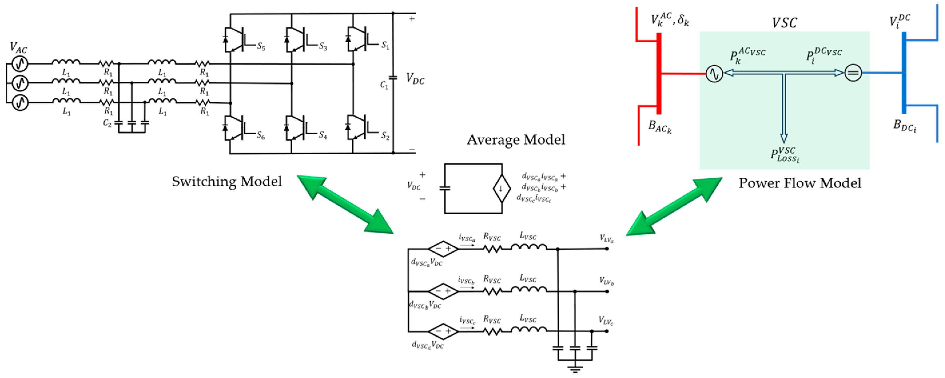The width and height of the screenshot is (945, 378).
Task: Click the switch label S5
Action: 261,46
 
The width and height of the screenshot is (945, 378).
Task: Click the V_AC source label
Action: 18,48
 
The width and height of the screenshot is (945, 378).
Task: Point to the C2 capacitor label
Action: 107,123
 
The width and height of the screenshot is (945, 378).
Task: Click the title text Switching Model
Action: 227,181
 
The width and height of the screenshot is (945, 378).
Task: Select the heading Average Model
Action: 516,140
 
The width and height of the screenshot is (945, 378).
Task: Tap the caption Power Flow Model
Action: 800,183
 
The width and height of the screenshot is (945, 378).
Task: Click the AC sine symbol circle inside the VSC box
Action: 714,73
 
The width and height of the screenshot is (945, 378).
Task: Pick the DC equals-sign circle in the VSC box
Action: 853,73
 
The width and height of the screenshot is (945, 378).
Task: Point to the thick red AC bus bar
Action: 658,73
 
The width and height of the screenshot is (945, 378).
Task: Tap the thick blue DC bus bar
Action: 904,73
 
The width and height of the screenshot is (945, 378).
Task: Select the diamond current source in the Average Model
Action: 501,189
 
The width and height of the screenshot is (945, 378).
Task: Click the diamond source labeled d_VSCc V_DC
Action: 443,331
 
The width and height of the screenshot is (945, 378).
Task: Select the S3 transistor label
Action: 323,46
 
